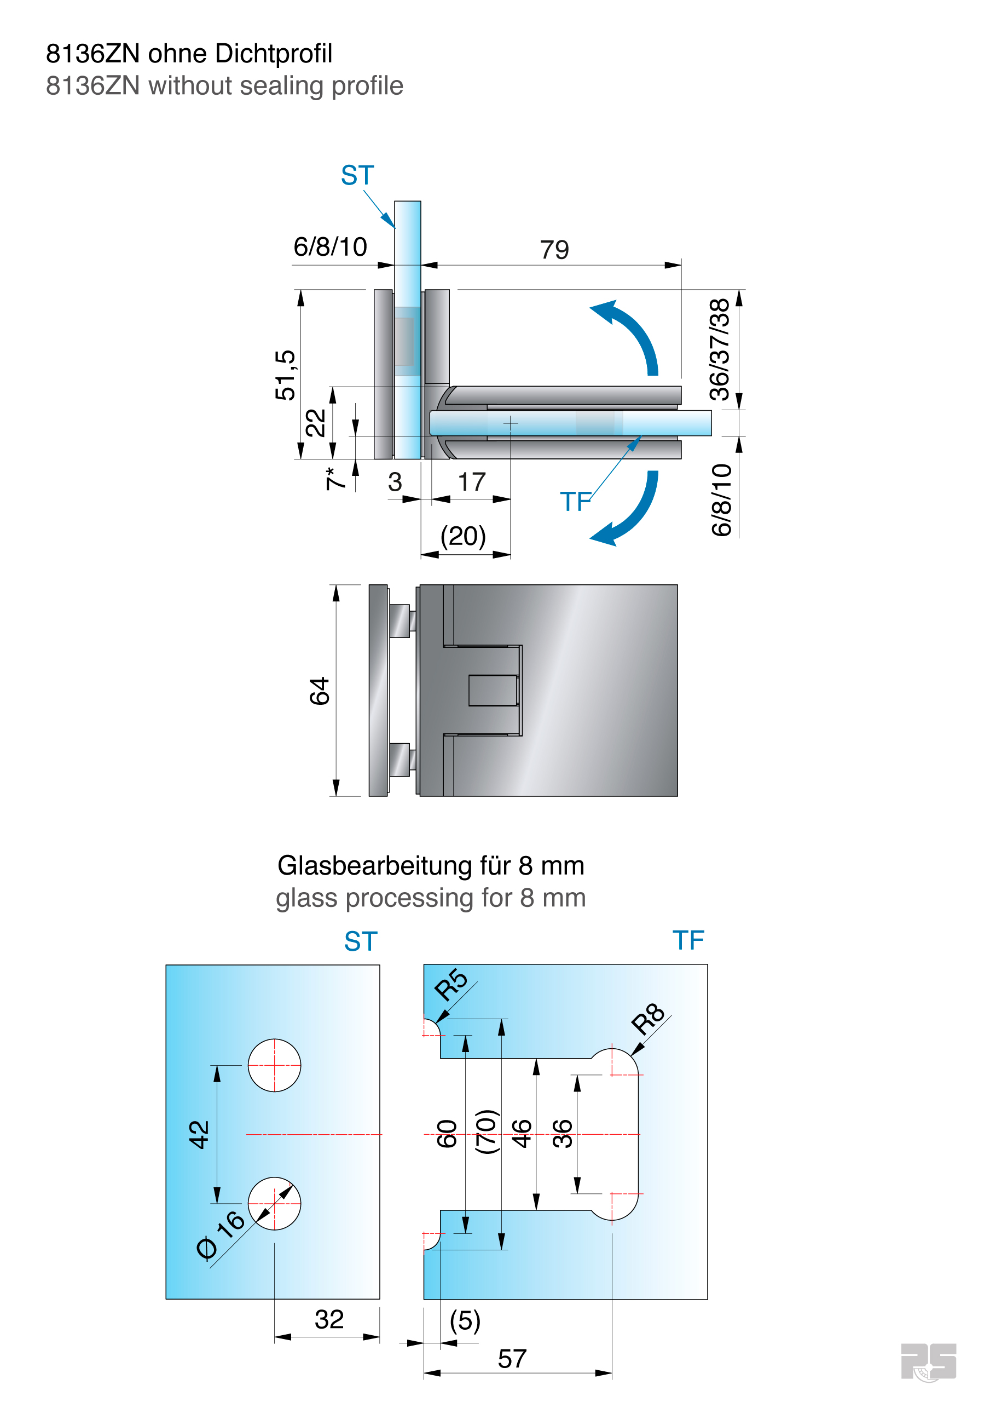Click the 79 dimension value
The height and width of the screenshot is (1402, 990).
pos(554,250)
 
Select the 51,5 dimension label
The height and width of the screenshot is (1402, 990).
pos(285,375)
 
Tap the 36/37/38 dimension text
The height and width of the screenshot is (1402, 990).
pos(720,349)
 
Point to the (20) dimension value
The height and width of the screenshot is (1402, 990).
pos(464,536)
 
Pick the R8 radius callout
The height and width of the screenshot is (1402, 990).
pos(647,1019)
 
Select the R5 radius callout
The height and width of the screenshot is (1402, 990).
pos(450,984)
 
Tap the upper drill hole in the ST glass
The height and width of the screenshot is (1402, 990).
pos(275,1065)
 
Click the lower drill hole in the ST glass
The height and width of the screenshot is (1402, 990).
pos(275,1203)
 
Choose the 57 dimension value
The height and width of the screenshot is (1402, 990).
pos(512,1359)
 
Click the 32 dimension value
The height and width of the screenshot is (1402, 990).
pos(329,1319)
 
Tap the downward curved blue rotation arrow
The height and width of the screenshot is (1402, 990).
pos(628,510)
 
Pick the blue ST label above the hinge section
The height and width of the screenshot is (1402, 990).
pos(357,176)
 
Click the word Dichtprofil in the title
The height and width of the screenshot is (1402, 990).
pos(274,54)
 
